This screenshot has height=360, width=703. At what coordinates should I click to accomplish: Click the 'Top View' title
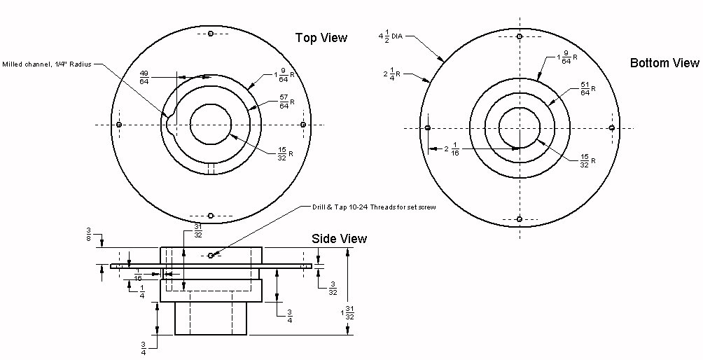(x=321, y=38)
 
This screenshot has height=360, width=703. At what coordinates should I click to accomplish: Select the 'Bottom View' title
(x=664, y=63)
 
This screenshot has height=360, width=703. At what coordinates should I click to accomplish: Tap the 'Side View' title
(x=339, y=239)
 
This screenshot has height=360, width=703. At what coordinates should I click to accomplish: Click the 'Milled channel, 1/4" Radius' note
(x=48, y=64)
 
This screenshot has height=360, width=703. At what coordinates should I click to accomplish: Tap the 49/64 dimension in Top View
(x=144, y=77)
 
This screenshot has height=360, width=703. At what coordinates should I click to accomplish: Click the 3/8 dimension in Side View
(x=90, y=233)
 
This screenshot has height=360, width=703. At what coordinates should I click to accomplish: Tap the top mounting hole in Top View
(x=211, y=33)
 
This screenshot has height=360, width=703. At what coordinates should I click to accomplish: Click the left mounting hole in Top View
(x=119, y=125)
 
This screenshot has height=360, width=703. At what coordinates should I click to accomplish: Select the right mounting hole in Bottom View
(x=611, y=128)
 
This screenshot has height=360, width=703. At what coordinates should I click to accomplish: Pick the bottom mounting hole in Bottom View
(x=520, y=219)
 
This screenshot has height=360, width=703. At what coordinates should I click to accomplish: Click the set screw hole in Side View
(x=211, y=255)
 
